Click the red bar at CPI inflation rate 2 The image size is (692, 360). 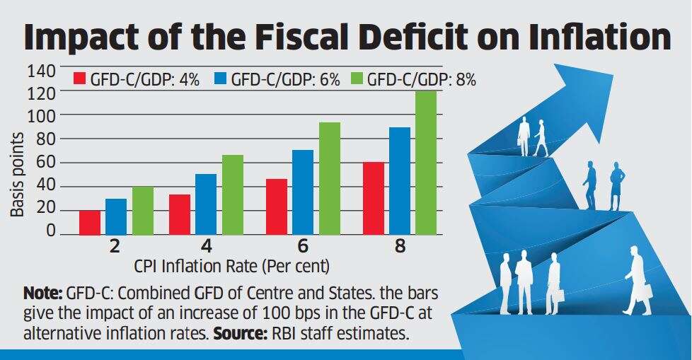[x=90, y=222]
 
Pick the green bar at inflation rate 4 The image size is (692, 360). [x=232, y=195]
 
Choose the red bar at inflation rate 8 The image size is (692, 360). [x=373, y=199]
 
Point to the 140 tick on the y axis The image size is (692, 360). [x=42, y=71]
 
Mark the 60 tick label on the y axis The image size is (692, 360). [x=47, y=163]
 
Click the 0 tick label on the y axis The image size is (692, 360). [x=50, y=232]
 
